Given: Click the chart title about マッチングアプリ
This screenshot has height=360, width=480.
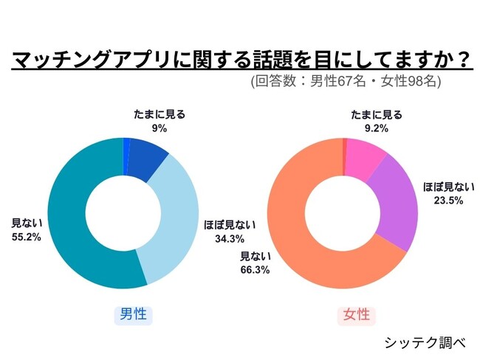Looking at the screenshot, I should [240, 58].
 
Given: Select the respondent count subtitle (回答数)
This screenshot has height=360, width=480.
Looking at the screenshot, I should [346, 82].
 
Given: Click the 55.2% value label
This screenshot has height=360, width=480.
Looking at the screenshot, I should [26, 237].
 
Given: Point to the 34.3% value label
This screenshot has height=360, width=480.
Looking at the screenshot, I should [219, 238].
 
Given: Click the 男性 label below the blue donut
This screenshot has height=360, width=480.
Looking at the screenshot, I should [133, 315].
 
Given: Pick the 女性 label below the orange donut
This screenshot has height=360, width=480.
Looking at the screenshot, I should [356, 315].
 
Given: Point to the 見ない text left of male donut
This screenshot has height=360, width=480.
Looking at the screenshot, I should [26, 222].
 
